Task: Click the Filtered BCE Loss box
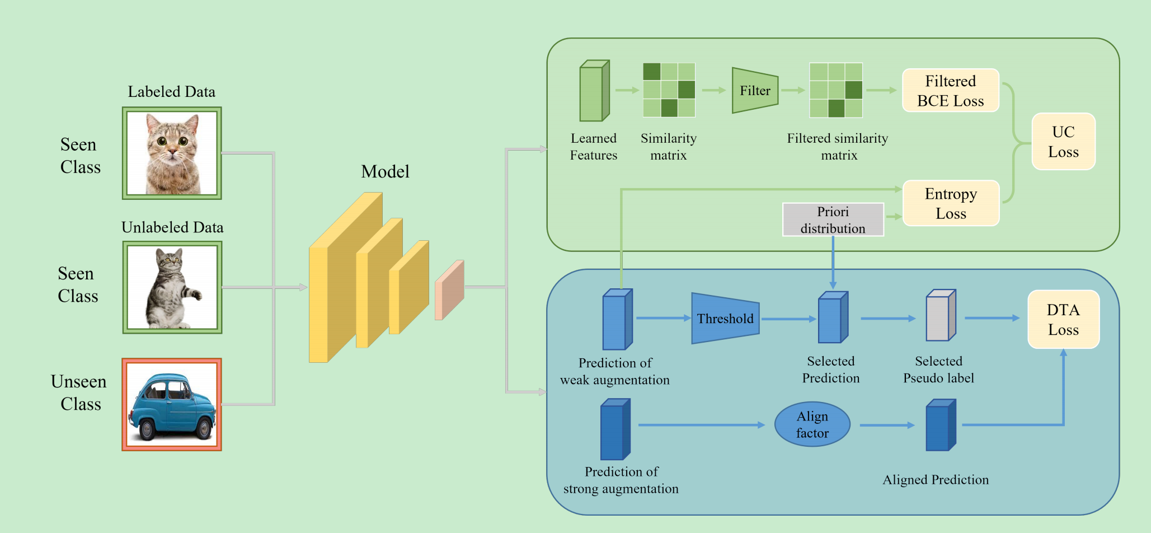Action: (950, 91)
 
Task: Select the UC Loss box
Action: (1063, 142)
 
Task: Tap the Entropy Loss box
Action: (951, 203)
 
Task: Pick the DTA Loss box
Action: (1063, 319)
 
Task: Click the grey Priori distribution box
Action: (833, 219)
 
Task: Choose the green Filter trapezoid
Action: (755, 91)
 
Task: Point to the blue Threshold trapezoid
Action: (725, 319)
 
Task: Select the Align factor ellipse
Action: (812, 424)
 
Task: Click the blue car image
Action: (172, 405)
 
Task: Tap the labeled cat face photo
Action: (172, 153)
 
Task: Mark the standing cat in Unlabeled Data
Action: (172, 288)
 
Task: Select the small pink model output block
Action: (449, 290)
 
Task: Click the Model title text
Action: (385, 171)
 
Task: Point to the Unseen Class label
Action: (79, 392)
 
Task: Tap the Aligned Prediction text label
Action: (936, 480)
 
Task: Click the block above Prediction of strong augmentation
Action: (615, 429)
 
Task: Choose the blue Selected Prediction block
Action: (833, 317)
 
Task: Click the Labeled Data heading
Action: (171, 92)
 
